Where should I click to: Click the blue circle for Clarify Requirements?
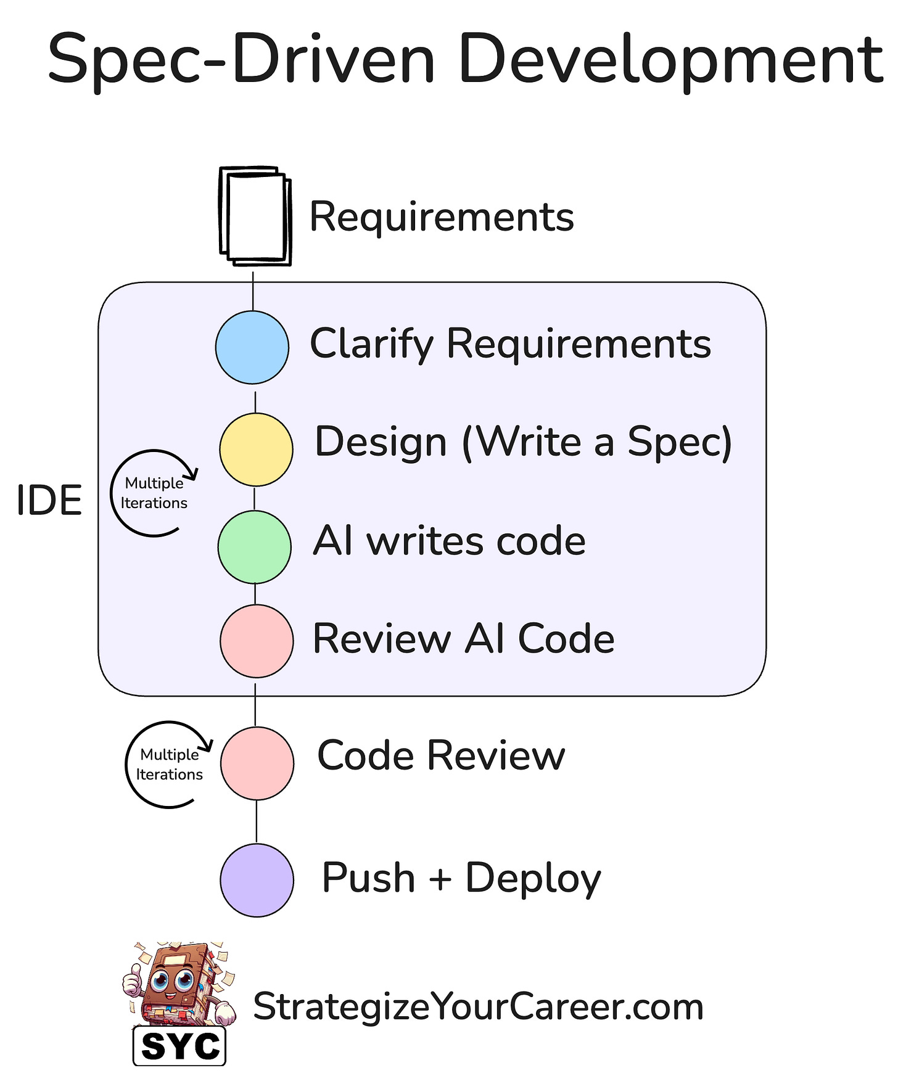(x=252, y=347)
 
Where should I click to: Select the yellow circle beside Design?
(x=256, y=450)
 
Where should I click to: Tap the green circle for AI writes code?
(x=254, y=547)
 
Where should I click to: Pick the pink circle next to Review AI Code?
(x=257, y=641)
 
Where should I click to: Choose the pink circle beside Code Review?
(x=257, y=763)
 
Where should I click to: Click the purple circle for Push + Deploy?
(x=257, y=880)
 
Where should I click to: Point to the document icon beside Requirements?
(x=255, y=216)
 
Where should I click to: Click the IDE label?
(x=49, y=500)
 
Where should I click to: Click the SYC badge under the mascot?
(x=179, y=1046)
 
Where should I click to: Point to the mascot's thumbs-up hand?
(x=133, y=980)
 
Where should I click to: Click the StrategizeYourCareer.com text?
(x=478, y=1007)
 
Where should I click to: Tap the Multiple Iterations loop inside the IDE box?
(x=154, y=493)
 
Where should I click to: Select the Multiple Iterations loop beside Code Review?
(x=169, y=764)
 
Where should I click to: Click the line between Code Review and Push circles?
(x=257, y=821)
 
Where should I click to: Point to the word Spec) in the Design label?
(x=679, y=442)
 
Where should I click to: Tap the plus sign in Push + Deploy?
(x=440, y=878)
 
